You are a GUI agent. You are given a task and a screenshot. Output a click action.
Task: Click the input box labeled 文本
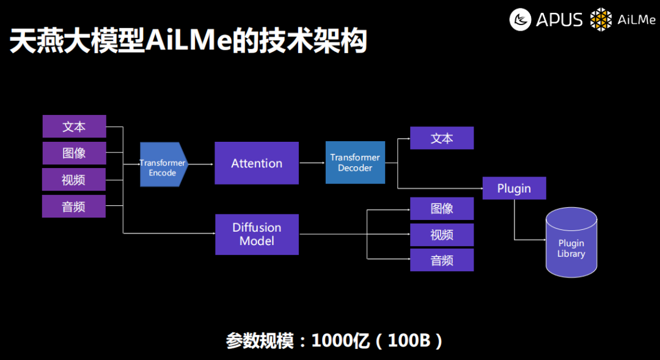pos(74,127)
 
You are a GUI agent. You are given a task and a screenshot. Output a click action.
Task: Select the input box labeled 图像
pos(74,153)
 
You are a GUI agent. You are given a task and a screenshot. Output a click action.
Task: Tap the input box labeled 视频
pos(74,180)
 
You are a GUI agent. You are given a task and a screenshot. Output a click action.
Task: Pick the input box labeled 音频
pos(74,207)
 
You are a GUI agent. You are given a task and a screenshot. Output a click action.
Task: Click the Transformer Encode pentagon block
pos(163,164)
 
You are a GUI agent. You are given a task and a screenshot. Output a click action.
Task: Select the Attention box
pos(257,163)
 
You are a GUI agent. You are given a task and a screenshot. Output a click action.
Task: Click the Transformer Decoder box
pos(355,163)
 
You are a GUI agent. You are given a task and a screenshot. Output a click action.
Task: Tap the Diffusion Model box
pos(257,234)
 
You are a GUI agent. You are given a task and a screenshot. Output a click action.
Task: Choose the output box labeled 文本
pos(441,138)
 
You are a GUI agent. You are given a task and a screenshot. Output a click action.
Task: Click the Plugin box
pos(514,188)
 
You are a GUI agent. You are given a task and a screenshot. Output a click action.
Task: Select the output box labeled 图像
pos(441,208)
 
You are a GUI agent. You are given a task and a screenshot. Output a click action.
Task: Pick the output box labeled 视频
pos(441,235)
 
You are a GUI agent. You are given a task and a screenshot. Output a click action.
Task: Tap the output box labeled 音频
pos(441,260)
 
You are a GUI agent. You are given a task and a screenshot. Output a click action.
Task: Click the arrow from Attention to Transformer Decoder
pos(312,163)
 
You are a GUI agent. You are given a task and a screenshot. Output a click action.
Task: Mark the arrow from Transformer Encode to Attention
pos(201,164)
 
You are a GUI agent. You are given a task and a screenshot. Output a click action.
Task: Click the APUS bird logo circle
pos(521,20)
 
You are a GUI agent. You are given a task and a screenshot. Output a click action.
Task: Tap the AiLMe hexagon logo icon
pos(601,20)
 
